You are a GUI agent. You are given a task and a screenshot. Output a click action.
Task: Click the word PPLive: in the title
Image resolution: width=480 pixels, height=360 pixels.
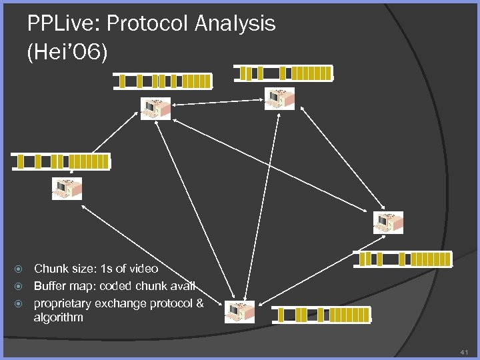(64, 24)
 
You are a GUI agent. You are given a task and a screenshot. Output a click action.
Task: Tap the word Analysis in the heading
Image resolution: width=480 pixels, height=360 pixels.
(235, 24)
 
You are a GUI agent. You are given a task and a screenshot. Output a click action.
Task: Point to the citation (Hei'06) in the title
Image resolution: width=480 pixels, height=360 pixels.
(67, 53)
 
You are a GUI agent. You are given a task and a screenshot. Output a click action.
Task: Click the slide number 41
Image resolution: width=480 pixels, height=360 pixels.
(465, 351)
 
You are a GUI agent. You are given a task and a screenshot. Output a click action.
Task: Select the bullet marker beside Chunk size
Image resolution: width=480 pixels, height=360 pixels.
(20, 269)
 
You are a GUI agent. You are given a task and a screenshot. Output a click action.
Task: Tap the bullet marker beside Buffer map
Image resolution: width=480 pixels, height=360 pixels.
(20, 287)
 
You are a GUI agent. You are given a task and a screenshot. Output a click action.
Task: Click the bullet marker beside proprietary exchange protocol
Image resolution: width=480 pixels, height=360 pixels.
(20, 304)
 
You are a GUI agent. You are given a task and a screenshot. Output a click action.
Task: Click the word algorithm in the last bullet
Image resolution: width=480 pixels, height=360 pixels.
(59, 318)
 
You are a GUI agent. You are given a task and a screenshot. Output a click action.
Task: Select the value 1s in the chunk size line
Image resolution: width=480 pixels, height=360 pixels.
(105, 269)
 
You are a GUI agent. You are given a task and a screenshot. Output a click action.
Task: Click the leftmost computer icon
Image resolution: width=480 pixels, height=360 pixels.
(67, 188)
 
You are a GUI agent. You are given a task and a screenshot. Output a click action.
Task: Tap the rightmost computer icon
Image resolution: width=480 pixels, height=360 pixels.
(388, 223)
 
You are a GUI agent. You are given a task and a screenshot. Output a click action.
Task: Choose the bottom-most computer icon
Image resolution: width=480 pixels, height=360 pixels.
(239, 311)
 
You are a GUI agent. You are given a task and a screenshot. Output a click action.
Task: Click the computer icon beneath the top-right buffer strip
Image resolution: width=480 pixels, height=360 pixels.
(279, 98)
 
